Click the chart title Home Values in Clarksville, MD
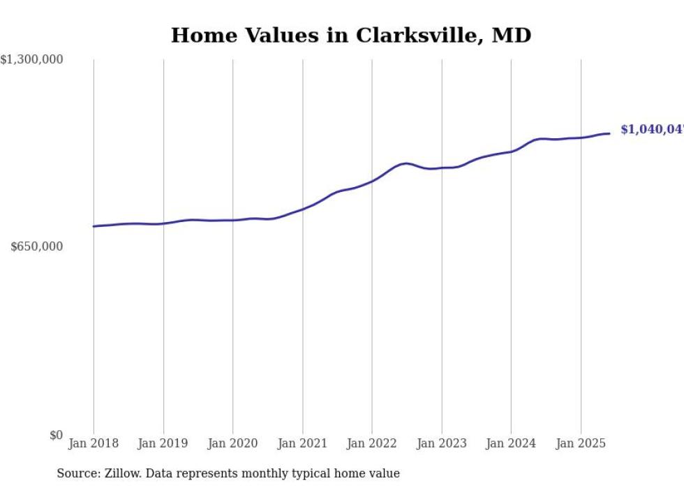click(x=351, y=36)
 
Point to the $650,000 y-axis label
click(x=37, y=246)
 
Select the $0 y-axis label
click(x=56, y=435)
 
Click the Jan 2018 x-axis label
click(x=94, y=443)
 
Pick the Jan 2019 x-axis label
click(x=163, y=443)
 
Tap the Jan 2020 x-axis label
click(x=232, y=443)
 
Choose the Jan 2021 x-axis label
click(x=302, y=443)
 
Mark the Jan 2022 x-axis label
click(x=372, y=443)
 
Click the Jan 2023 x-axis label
click(x=441, y=443)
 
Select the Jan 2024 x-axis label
click(x=511, y=443)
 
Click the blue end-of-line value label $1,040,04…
click(x=651, y=130)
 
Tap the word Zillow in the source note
click(x=133, y=474)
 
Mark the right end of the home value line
click(x=610, y=133)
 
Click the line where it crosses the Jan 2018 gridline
click(x=94, y=226)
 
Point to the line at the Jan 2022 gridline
click(x=372, y=182)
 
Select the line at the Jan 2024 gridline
click(x=511, y=151)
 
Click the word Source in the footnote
click(x=76, y=474)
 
